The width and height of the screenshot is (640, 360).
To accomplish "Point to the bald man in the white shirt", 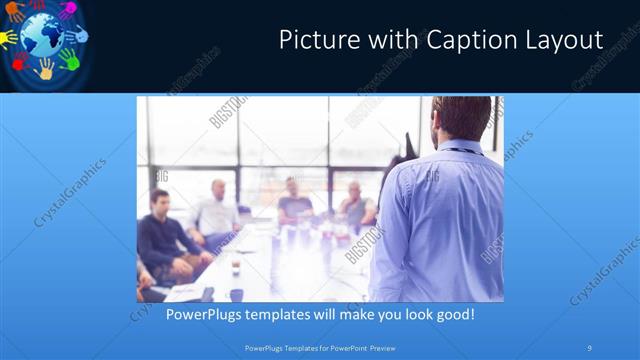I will click(217, 213).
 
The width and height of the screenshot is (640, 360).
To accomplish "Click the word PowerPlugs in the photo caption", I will click(205, 314).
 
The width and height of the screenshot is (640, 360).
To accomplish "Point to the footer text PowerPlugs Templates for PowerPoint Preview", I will click(319, 347).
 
